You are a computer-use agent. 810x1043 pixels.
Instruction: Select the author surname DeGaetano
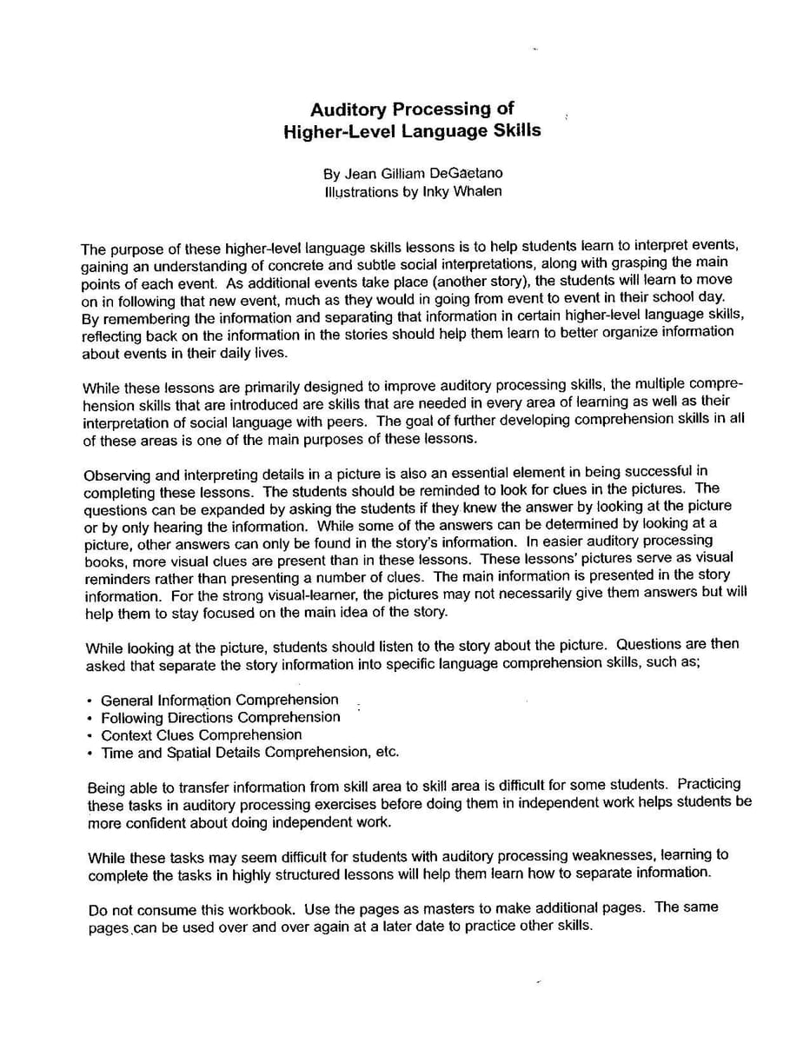pos(466,173)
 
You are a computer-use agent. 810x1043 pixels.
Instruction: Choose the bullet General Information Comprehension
pos(220,700)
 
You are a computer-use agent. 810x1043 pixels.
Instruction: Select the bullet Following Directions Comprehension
pos(221,717)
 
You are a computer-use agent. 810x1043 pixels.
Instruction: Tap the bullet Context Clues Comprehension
pos(202,734)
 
